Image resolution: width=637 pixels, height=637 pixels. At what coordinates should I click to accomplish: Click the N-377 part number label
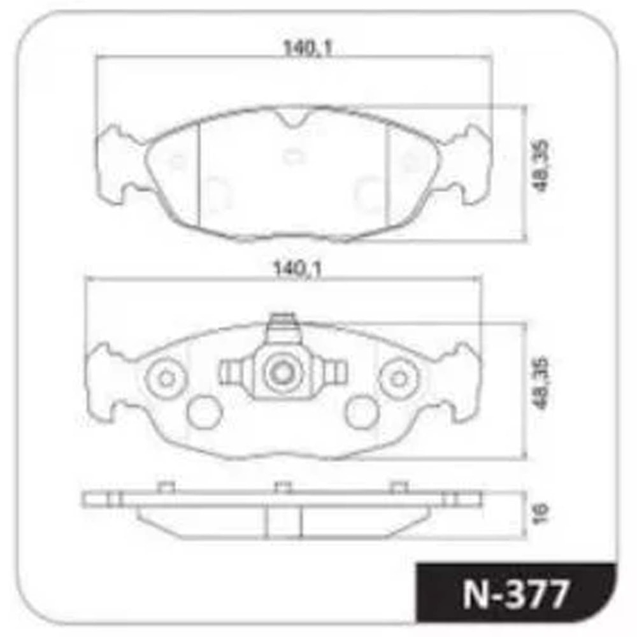pyautogui.click(x=516, y=594)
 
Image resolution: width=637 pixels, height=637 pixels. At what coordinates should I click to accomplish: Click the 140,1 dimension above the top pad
pyautogui.click(x=308, y=48)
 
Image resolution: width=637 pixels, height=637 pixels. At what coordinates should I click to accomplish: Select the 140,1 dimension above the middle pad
pyautogui.click(x=297, y=269)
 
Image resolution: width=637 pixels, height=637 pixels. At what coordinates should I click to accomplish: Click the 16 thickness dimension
pyautogui.click(x=541, y=514)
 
